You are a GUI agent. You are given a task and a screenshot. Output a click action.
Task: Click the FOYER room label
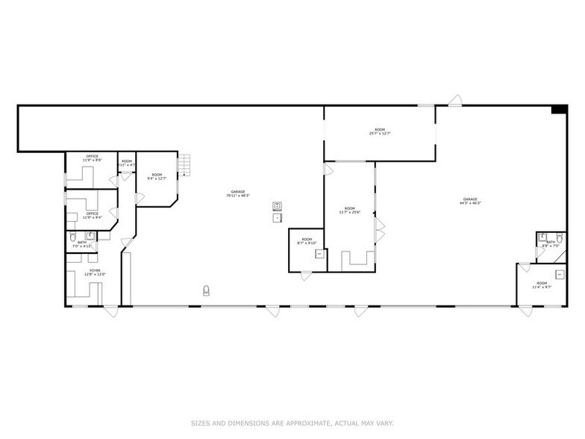tap(95, 273)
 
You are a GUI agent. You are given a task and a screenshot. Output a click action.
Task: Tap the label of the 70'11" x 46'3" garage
tap(238, 193)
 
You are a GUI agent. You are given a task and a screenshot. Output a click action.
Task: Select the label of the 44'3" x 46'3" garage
tap(470, 201)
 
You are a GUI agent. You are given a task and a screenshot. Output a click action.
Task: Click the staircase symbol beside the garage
tap(184, 164)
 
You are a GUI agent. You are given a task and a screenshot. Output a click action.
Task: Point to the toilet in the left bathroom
tap(73, 237)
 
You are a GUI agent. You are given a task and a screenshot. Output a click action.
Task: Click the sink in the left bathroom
tap(90, 235)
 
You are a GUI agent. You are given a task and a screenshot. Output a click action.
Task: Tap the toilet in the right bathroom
tap(542, 238)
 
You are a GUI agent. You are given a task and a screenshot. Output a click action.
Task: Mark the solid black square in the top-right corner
tap(559, 110)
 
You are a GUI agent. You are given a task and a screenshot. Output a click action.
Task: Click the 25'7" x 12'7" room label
tap(380, 131)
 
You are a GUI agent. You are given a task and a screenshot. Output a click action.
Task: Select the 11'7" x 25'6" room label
tap(348, 211)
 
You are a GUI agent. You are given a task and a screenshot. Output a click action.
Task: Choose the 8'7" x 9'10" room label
tap(307, 241)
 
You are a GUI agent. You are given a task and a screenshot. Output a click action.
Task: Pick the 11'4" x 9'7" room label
tap(541, 285)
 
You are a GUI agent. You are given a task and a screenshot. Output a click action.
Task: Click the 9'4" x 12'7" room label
tap(157, 176)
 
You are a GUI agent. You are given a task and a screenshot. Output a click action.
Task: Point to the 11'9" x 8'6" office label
tap(92, 158)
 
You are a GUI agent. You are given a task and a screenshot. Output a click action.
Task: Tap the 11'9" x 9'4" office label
tap(92, 215)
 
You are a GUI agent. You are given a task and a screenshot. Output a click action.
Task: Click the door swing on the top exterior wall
tap(454, 100)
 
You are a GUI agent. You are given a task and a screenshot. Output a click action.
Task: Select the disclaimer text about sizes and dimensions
tap(292, 423)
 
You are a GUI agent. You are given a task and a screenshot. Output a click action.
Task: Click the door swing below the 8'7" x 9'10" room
tap(306, 275)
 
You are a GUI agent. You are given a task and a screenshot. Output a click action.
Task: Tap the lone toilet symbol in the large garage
tap(206, 290)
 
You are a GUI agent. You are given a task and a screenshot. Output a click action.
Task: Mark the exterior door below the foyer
tap(110, 311)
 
